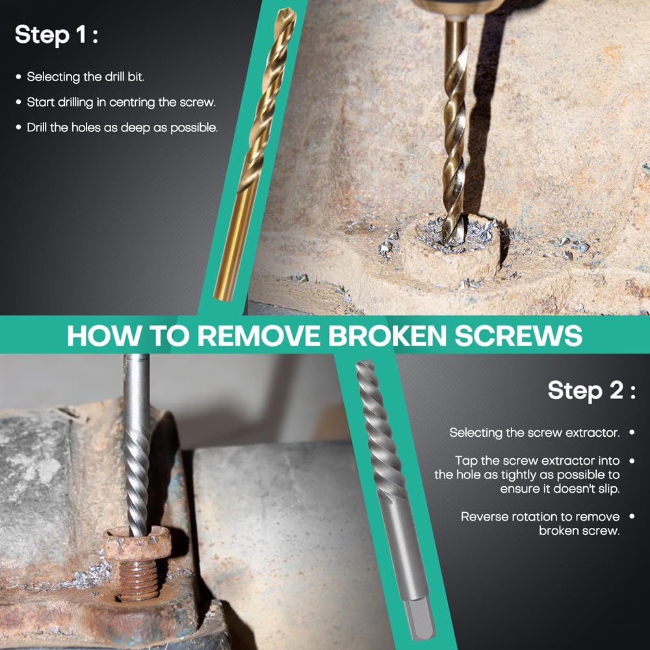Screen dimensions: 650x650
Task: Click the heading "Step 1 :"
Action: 57,35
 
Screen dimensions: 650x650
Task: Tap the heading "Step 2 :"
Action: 591,391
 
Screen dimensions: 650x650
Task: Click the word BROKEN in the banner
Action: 387,335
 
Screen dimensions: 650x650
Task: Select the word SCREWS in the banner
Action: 519,335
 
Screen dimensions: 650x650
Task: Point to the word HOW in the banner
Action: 103,335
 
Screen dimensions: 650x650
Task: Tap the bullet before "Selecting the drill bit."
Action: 18,77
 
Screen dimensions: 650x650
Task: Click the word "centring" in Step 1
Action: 133,103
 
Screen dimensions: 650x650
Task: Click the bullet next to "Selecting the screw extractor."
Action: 632,432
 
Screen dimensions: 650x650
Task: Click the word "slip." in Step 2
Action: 606,489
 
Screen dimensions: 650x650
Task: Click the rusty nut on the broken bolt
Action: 136,543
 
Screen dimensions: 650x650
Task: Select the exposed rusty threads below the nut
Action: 138,578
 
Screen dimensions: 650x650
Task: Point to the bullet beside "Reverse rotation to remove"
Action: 632,517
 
